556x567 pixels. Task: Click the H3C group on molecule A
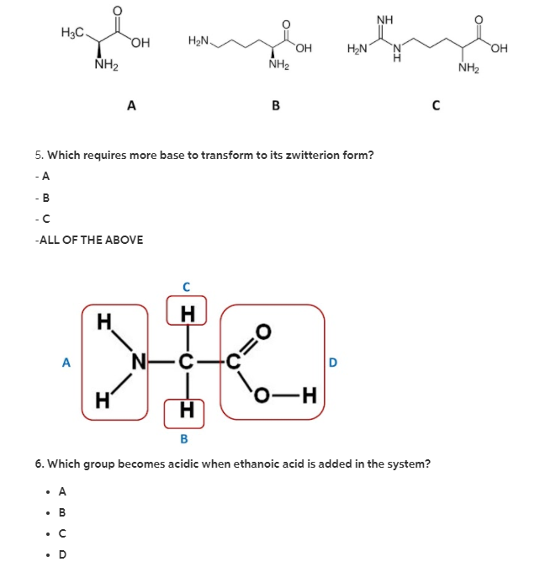tap(73, 33)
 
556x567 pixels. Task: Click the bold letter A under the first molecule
tap(130, 105)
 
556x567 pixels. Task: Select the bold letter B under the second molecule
tap(275, 105)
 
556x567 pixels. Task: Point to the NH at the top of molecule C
tap(384, 19)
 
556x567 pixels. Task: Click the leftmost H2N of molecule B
tap(199, 40)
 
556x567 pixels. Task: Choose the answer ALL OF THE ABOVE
tap(89, 240)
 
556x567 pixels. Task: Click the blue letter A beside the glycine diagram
tap(66, 363)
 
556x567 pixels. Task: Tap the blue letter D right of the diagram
tap(332, 363)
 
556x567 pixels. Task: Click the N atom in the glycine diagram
tap(140, 363)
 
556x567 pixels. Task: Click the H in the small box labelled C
tap(187, 314)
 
